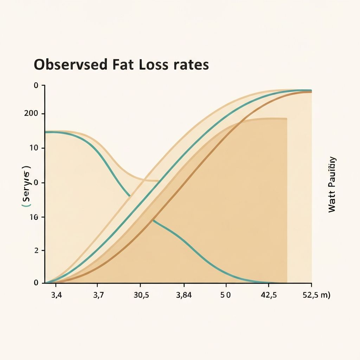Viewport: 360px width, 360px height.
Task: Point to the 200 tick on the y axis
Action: (x=34, y=114)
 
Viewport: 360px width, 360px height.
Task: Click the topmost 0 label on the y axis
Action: (x=36, y=85)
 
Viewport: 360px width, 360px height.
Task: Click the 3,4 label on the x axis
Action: (x=56, y=295)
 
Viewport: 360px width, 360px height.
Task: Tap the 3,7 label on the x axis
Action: (x=98, y=295)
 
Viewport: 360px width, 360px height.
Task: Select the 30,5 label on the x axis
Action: (x=141, y=295)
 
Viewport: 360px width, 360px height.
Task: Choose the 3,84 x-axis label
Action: (x=184, y=295)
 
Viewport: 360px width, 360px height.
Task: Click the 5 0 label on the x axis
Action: (x=225, y=295)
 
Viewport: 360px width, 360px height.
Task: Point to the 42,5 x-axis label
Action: (x=269, y=295)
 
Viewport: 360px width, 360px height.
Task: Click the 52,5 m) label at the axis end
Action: (x=316, y=295)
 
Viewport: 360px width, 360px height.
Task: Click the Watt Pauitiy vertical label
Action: (x=332, y=185)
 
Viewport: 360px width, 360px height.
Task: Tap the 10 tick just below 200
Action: (x=34, y=148)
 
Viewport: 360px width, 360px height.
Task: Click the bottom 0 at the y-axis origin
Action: (x=36, y=283)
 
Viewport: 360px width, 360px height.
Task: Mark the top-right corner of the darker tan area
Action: (x=287, y=119)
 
